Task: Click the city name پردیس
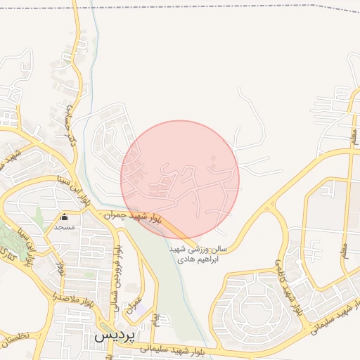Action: click(x=113, y=336)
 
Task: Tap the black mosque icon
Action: click(x=65, y=217)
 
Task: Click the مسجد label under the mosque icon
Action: click(x=65, y=228)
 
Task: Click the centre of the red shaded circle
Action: click(x=180, y=179)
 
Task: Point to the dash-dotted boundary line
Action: click(x=211, y=7)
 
